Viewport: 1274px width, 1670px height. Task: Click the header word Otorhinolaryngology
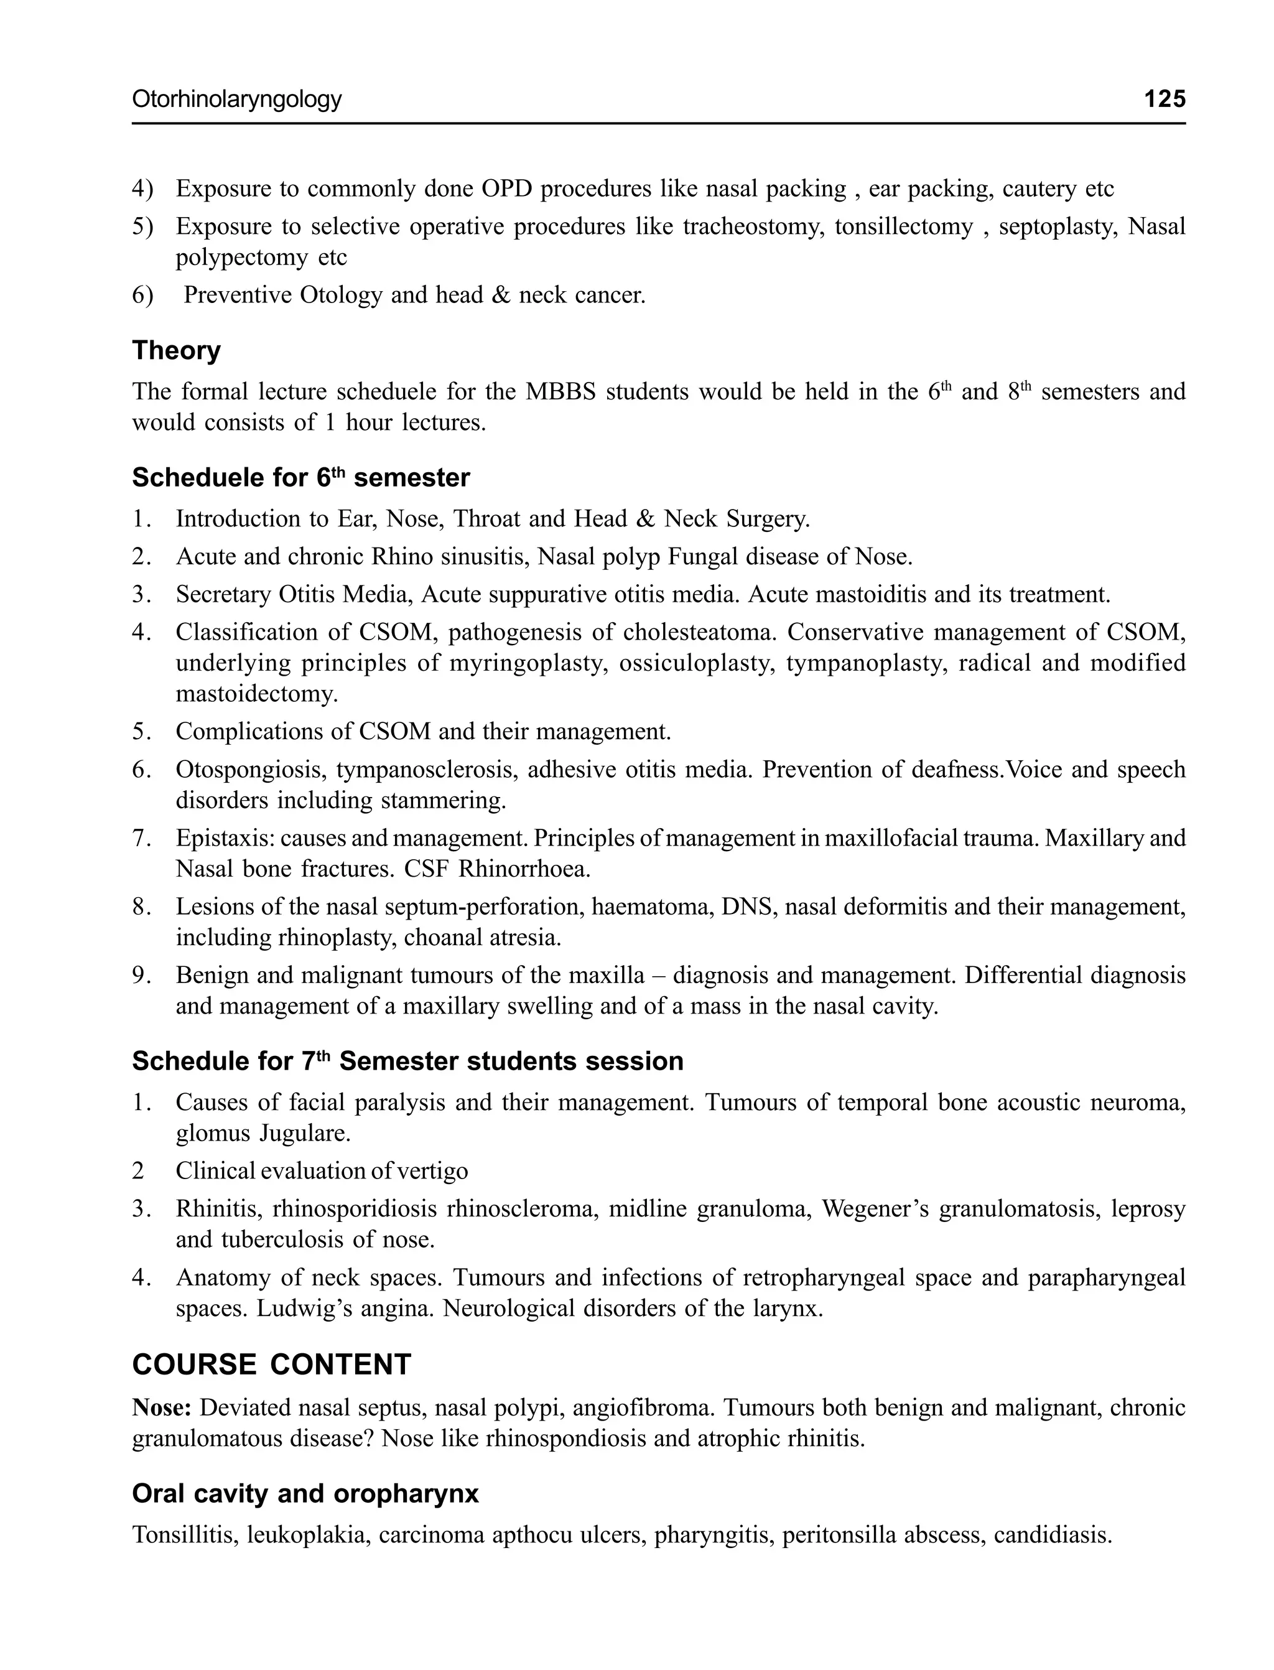(x=236, y=100)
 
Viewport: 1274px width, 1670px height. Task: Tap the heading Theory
(x=176, y=350)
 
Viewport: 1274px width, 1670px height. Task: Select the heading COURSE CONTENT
(x=271, y=1364)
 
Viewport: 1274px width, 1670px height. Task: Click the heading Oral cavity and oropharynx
(x=305, y=1493)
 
